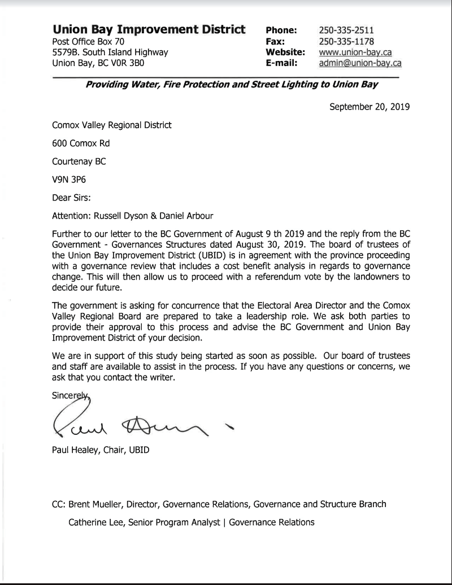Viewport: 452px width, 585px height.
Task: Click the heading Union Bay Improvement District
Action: (x=149, y=29)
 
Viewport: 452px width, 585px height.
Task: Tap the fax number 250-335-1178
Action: (x=346, y=41)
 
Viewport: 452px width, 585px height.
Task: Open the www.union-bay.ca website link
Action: (x=355, y=53)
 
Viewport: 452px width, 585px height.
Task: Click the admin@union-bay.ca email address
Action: (x=360, y=63)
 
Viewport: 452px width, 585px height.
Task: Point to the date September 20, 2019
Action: (x=370, y=106)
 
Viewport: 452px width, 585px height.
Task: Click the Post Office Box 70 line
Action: (x=88, y=41)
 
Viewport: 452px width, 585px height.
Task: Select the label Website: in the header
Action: (x=285, y=53)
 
